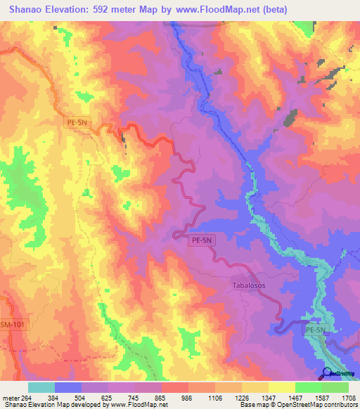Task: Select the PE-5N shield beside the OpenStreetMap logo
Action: pyautogui.click(x=316, y=329)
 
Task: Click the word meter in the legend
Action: pyautogui.click(x=11, y=397)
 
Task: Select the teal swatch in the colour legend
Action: pyautogui.click(x=41, y=387)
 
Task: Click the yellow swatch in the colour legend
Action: pyautogui.click(x=281, y=387)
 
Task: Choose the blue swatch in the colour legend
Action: pyautogui.click(x=68, y=387)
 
